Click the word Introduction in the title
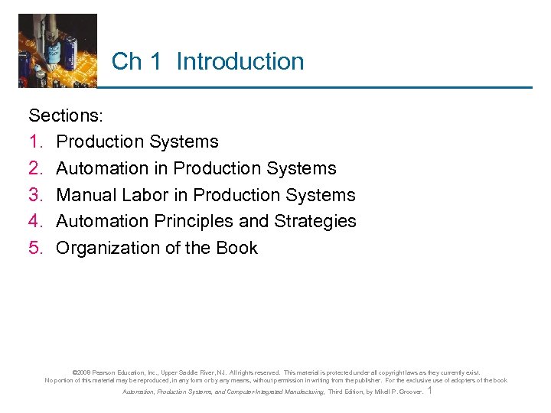[x=240, y=62]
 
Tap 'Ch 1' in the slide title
[x=136, y=62]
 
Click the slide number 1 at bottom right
[x=430, y=391]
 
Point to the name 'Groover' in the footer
[x=408, y=392]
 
